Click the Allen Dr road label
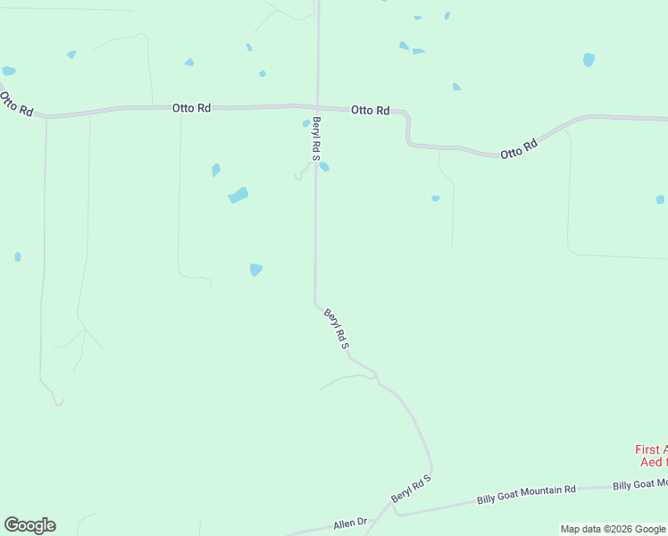click(350, 523)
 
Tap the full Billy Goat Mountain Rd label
click(526, 491)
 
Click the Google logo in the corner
click(29, 525)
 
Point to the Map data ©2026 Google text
click(613, 529)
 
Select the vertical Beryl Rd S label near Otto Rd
click(316, 138)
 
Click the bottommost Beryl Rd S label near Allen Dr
click(411, 489)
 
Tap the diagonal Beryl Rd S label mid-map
click(336, 328)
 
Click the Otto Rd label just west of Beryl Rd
click(191, 107)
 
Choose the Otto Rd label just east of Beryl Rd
click(370, 110)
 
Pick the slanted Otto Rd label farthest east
click(519, 148)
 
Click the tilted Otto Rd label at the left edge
click(16, 104)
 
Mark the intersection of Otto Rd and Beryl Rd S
click(317, 107)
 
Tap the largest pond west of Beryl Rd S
click(238, 195)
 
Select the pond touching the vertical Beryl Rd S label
click(324, 166)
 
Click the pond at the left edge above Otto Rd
click(8, 71)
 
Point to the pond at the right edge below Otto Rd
click(660, 199)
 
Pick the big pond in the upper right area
click(589, 60)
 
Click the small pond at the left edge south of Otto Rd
click(18, 257)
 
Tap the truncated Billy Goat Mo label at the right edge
click(639, 484)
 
